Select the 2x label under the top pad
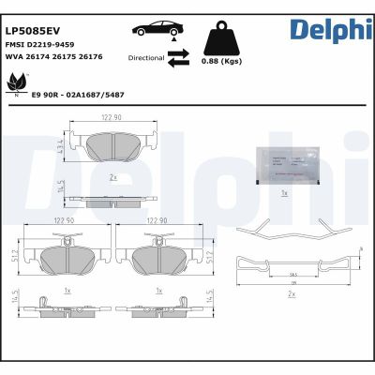point(112,175)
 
